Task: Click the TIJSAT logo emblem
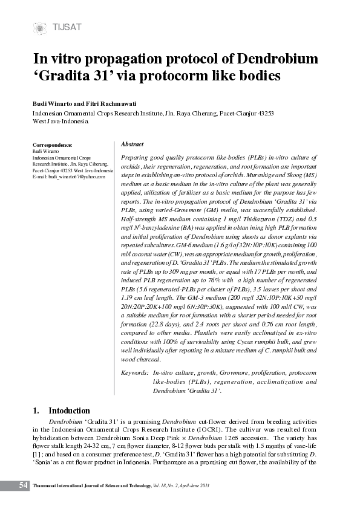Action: point(41,28)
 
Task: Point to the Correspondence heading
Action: point(51,145)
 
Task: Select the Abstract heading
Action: point(133,144)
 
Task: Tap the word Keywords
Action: point(135,373)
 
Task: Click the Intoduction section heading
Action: point(69,410)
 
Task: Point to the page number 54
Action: point(24,485)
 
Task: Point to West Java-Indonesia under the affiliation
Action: point(61,122)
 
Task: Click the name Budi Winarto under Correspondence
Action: point(42,151)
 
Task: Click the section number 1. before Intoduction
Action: point(36,410)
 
